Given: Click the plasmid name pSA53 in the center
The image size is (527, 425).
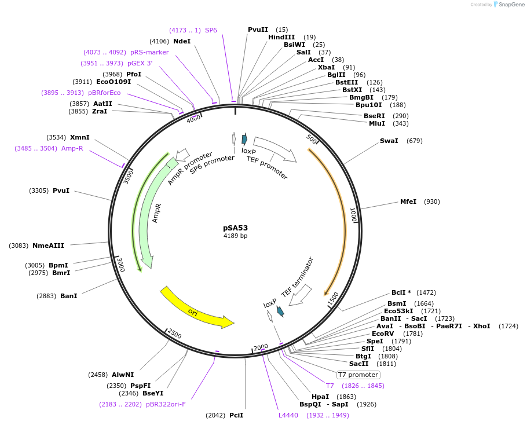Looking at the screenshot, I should (x=235, y=228).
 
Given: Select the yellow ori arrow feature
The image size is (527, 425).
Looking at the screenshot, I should (x=196, y=309).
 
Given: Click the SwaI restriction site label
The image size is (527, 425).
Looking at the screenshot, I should (x=389, y=141).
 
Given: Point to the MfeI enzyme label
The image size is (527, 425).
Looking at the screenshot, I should (x=408, y=201).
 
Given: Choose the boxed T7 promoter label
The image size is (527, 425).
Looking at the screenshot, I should (x=358, y=375).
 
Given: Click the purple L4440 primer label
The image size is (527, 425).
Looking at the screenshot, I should (x=288, y=415).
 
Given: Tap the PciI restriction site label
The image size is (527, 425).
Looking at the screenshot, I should (x=236, y=415).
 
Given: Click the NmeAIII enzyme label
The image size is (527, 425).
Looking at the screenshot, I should (x=49, y=246).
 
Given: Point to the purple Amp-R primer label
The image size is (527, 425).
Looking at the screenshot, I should (x=72, y=148).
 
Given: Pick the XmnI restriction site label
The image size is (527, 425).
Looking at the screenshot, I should (x=80, y=137).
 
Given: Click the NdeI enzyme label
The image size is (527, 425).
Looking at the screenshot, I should (x=182, y=41).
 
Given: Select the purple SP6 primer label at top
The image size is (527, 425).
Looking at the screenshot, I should (x=211, y=30).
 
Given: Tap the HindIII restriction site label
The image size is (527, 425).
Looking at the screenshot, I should (x=281, y=37).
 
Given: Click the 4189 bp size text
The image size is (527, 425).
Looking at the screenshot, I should (x=235, y=236).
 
